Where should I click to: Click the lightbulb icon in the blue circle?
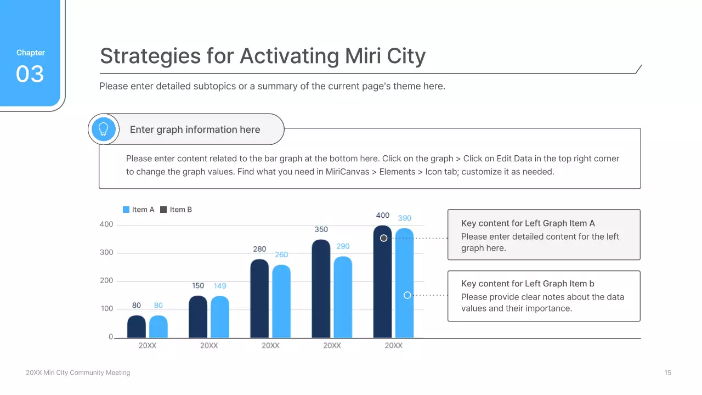[x=104, y=129]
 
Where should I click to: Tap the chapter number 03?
[x=30, y=74]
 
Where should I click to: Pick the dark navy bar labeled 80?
[x=137, y=327]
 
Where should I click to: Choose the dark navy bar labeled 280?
[x=259, y=299]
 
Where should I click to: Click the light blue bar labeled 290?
[x=343, y=297]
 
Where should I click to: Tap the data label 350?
[x=321, y=229]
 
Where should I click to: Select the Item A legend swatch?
[x=126, y=210]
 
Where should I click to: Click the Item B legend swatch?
[x=163, y=210]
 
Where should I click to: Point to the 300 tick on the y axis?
[x=106, y=253]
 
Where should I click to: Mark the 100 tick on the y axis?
[x=106, y=309]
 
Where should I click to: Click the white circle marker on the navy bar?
[x=384, y=238]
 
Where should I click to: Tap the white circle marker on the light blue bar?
[x=407, y=295]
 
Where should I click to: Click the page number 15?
[x=667, y=373]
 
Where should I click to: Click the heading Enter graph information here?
[x=195, y=130]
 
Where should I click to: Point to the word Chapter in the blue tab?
[x=31, y=53]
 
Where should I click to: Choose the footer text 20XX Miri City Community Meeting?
[x=78, y=373]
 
